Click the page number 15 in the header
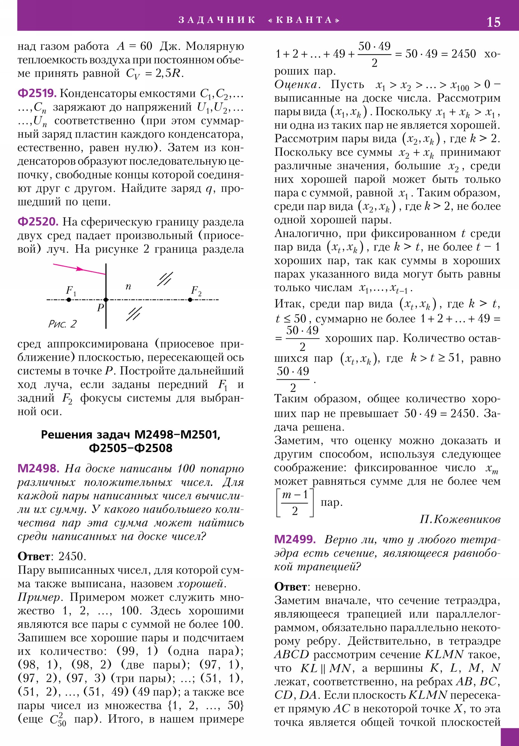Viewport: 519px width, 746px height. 493,22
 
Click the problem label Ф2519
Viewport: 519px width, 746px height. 37,94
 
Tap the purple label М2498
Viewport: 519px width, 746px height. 38,468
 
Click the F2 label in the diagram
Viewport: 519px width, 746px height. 196,290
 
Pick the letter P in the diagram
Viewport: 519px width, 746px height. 101,307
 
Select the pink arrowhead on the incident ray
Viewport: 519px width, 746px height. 79,269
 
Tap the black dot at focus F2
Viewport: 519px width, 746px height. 190,300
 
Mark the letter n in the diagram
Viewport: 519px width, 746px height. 128,286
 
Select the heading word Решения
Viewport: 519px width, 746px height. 63,434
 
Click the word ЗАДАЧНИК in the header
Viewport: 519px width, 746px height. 217,20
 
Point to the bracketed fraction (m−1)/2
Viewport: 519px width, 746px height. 295,502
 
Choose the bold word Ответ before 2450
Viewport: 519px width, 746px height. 34,556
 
